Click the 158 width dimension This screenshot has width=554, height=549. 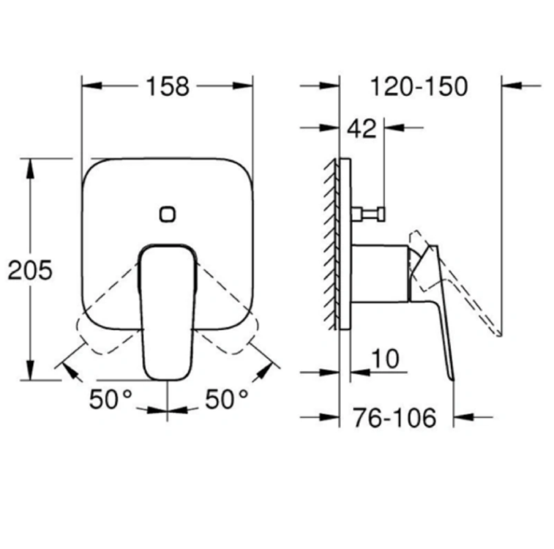[x=168, y=86]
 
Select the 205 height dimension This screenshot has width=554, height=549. [x=30, y=270]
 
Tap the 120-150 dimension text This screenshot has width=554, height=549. [x=419, y=86]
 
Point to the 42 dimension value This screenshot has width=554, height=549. [x=362, y=128]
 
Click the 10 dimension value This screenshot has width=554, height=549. [x=386, y=359]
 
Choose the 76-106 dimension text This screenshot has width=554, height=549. [x=394, y=417]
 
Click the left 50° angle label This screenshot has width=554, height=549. [x=111, y=399]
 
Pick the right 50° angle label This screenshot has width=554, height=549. [x=226, y=399]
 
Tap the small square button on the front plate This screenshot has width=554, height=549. [x=167, y=214]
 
